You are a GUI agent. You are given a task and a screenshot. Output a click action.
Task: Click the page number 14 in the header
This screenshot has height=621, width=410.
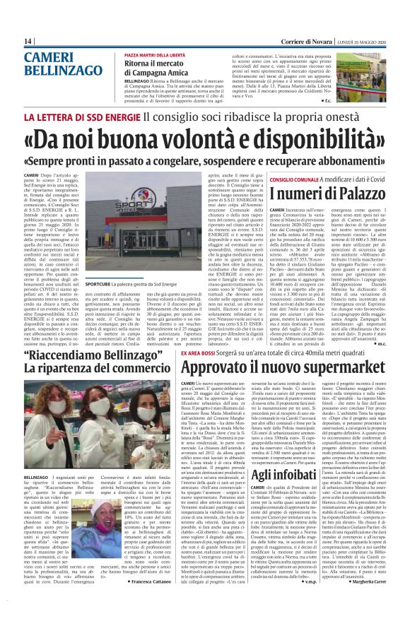(x=28, y=42)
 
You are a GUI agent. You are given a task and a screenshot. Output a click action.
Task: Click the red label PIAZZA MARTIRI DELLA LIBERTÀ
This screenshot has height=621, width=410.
(x=155, y=54)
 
